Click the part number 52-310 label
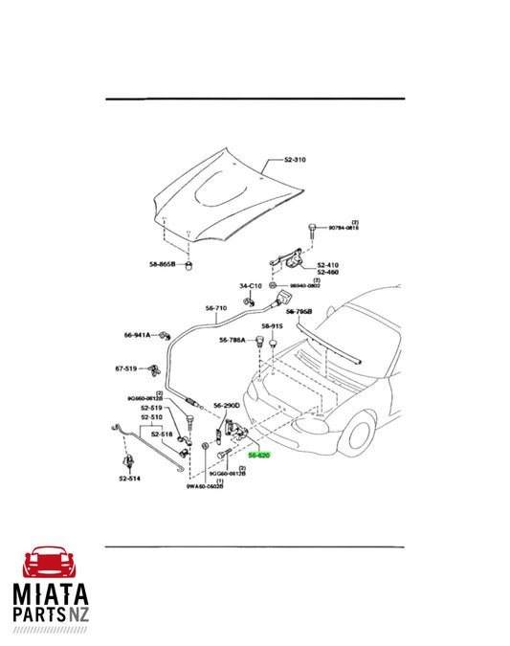(294, 159)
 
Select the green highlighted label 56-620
(258, 456)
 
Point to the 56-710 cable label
(215, 308)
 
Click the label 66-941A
(138, 335)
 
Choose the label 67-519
(127, 368)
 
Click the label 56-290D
(227, 405)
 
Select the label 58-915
(272, 326)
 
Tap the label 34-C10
(250, 286)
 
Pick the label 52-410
(327, 264)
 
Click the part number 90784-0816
(341, 228)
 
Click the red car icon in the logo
(54, 562)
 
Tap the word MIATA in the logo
(55, 595)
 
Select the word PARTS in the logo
(45, 620)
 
